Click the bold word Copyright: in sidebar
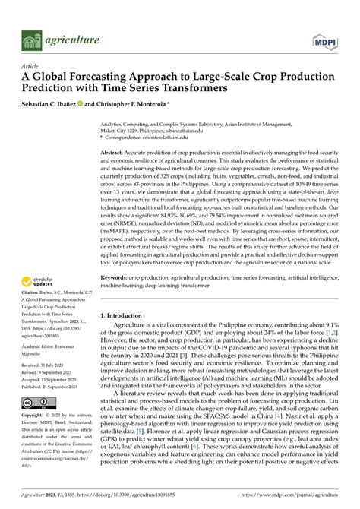point(33,416)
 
